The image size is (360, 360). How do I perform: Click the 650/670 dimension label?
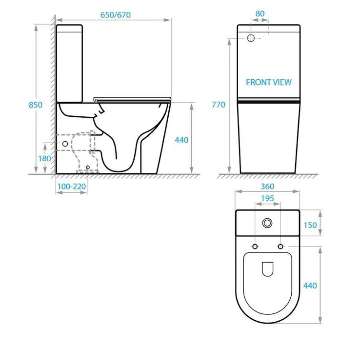[115, 15]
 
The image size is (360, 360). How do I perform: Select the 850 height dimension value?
[35, 105]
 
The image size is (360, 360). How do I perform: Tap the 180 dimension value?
[45, 158]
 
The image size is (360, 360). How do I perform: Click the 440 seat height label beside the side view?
[181, 140]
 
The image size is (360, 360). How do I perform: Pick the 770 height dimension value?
[218, 105]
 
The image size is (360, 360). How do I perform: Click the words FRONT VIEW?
[268, 82]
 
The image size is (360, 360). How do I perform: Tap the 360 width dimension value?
[267, 186]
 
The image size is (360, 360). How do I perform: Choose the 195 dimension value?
[267, 198]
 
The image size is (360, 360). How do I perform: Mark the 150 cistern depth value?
[310, 225]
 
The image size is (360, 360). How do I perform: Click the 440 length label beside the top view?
[310, 286]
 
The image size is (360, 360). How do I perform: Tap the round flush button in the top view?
[268, 223]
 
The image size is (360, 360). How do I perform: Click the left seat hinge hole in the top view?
[255, 247]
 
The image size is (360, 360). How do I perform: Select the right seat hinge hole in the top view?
[280, 247]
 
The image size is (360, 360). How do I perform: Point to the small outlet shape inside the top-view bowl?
[268, 269]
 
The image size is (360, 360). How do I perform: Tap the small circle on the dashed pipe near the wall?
[64, 144]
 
